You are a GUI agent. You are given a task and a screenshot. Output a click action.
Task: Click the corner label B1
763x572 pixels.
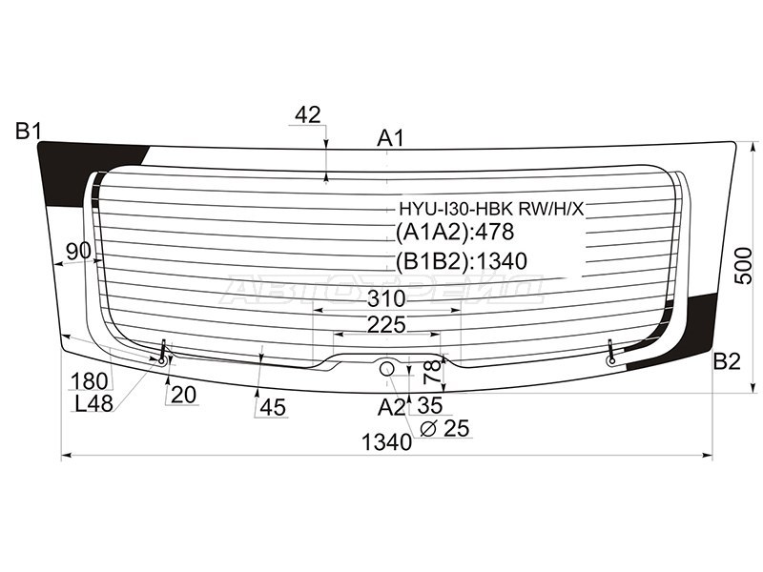pyautogui.click(x=29, y=132)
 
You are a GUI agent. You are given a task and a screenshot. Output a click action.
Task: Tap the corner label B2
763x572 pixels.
pyautogui.click(x=727, y=362)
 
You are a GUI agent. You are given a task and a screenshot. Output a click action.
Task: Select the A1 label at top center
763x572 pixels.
pyautogui.click(x=390, y=139)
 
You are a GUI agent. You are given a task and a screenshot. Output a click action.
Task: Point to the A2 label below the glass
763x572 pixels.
pyautogui.click(x=391, y=407)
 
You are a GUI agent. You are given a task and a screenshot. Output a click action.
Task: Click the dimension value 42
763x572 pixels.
pyautogui.click(x=308, y=115)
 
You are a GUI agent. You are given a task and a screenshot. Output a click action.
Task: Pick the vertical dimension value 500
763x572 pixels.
pyautogui.click(x=744, y=266)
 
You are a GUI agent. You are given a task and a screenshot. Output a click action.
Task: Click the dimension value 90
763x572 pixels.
pyautogui.click(x=79, y=251)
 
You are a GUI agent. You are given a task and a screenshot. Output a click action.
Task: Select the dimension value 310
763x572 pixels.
pyautogui.click(x=386, y=298)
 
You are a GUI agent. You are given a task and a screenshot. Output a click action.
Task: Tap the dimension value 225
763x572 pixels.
pyautogui.click(x=386, y=324)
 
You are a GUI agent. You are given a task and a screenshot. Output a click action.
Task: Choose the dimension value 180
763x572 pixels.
pyautogui.click(x=89, y=381)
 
